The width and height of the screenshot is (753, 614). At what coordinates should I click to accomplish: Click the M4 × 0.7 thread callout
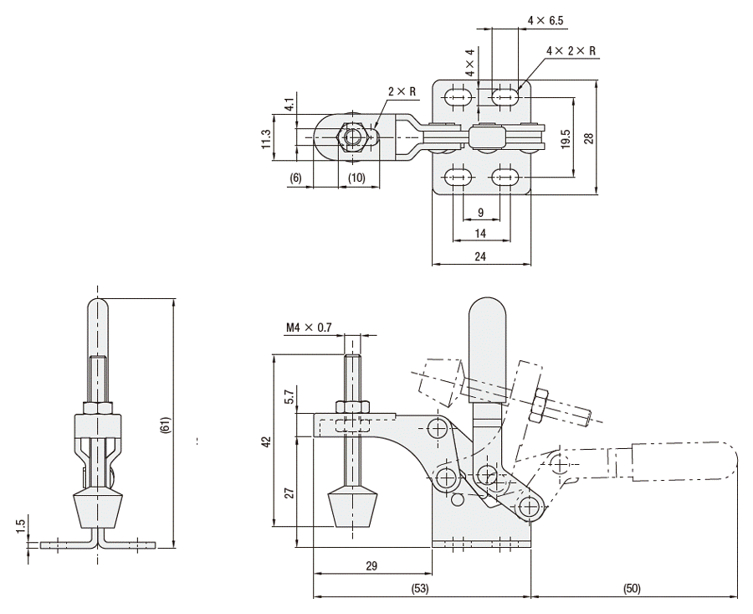tap(310, 328)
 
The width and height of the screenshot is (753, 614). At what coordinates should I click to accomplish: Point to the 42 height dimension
tap(265, 441)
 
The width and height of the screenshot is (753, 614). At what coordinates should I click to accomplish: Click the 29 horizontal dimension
tap(371, 566)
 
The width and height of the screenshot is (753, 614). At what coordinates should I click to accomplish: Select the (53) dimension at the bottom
tap(420, 589)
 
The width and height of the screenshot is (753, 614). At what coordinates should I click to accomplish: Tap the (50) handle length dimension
tap(634, 589)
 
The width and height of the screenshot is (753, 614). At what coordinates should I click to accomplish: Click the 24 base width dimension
tap(479, 255)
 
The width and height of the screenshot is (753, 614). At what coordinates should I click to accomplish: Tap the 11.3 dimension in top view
tap(267, 137)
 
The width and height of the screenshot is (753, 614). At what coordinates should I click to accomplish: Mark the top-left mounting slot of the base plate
tap(455, 96)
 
